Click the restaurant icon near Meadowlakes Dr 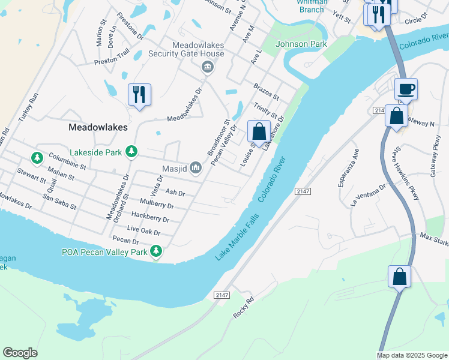click(139, 94)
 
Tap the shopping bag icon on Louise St click(259, 131)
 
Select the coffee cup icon click(406, 89)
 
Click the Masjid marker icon click(196, 168)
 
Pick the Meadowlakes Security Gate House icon click(208, 66)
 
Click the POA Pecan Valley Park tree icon click(156, 251)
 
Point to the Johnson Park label click(301, 44)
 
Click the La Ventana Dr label click(368, 195)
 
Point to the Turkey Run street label click(29, 107)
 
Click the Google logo click(20, 353)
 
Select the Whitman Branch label click(311, 6)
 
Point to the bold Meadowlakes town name click(98, 127)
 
